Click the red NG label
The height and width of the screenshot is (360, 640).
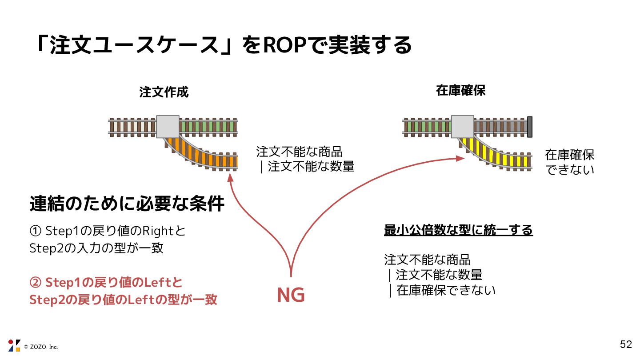point(291,296)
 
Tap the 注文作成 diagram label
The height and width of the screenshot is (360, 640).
point(164,92)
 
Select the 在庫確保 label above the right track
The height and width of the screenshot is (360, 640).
point(460,91)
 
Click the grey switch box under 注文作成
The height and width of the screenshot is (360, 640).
point(168,127)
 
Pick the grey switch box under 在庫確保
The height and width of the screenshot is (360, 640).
point(463,126)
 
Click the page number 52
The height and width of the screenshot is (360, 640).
point(626,344)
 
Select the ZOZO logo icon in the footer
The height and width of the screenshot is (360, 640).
point(14,345)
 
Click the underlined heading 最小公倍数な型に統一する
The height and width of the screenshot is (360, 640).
point(458,231)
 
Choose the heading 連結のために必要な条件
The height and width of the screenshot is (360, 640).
point(127,204)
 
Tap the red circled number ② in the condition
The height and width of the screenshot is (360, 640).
point(36,283)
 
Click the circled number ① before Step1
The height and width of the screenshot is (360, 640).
point(36,231)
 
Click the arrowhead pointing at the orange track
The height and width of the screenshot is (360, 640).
point(230,178)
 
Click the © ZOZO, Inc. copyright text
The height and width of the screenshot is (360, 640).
point(41,347)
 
